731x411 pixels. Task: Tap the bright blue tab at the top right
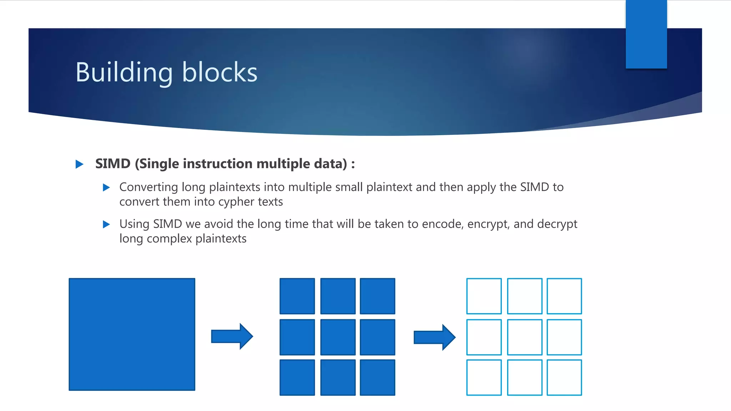click(x=646, y=34)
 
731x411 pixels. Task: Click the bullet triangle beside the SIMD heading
click(x=79, y=164)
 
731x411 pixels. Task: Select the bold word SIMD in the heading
click(x=113, y=164)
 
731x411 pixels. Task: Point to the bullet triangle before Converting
click(x=106, y=187)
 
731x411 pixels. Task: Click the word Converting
click(x=148, y=187)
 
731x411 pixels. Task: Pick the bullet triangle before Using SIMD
click(x=106, y=224)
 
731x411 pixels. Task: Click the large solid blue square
click(x=132, y=334)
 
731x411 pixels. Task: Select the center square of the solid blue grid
click(x=338, y=337)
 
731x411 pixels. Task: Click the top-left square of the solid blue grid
click(x=297, y=296)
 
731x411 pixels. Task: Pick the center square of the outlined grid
click(x=524, y=337)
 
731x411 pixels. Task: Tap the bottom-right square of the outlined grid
click(x=564, y=377)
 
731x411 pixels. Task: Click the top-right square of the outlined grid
click(x=564, y=296)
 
